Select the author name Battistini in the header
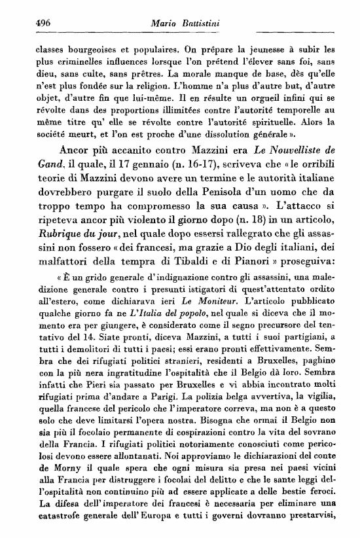tap(198, 24)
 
